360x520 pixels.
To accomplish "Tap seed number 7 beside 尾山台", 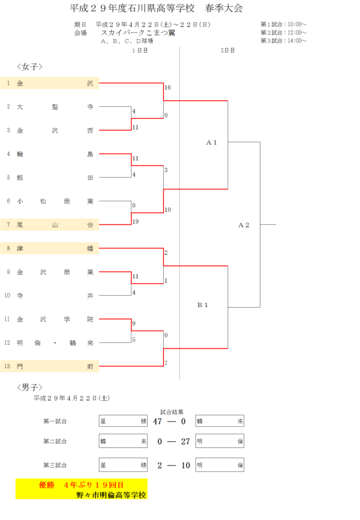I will (x=8, y=225).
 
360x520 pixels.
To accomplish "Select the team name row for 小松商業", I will (x=55, y=202).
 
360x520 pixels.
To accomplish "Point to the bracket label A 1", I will (x=211, y=143).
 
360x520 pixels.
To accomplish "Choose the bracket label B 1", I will (x=203, y=305).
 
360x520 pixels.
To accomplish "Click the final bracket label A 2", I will (x=244, y=225).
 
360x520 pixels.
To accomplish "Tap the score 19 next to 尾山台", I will (x=136, y=221).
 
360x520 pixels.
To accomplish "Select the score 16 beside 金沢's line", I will (x=167, y=88).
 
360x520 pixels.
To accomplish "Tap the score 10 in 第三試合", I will (x=185, y=465).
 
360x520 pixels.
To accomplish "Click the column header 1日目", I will (x=140, y=50).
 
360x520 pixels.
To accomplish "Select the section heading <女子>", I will (x=30, y=66).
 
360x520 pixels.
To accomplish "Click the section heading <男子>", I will (x=30, y=387).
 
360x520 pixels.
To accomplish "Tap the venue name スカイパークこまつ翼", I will (x=138, y=33).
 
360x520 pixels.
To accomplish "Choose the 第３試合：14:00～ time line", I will (x=283, y=41).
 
